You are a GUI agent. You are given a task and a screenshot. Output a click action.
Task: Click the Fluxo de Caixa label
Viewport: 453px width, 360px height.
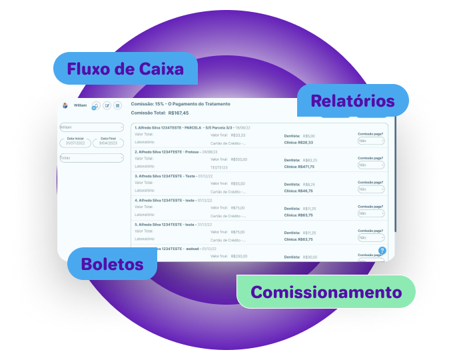pos(125,69)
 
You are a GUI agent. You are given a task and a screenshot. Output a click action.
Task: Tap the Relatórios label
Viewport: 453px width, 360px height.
pos(352,101)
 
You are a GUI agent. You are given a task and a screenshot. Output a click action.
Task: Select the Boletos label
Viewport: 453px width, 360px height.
pos(112,264)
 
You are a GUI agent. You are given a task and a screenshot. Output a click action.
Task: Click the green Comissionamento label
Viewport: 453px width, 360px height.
pos(326,292)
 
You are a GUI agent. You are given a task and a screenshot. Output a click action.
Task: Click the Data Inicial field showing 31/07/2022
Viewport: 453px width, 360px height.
pos(75,143)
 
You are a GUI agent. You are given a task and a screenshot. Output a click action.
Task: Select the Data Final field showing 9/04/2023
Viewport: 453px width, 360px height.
pos(108,143)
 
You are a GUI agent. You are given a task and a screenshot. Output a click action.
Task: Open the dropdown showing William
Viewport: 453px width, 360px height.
pos(91,127)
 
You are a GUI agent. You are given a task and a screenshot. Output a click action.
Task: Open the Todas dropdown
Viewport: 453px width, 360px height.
pos(91,158)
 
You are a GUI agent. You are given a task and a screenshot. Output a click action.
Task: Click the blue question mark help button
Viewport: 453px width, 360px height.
pos(382,251)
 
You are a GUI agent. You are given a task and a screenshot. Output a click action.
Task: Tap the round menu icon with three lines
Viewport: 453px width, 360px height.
pos(118,105)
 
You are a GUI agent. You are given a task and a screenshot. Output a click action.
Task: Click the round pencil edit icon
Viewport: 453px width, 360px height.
pos(107,105)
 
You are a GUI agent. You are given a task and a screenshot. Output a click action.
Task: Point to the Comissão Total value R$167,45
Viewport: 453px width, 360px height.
pos(179,113)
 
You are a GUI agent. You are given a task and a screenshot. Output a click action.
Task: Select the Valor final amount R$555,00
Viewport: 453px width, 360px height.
pos(238,159)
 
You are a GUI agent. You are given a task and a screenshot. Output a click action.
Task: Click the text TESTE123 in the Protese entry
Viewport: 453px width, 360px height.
pos(219,167)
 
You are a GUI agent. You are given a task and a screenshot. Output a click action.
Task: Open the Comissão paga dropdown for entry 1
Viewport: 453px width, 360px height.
pos(371,141)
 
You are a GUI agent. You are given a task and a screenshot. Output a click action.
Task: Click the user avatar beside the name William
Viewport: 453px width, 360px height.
pos(65,105)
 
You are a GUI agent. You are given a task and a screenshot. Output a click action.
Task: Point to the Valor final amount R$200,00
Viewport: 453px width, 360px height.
pos(238,256)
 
